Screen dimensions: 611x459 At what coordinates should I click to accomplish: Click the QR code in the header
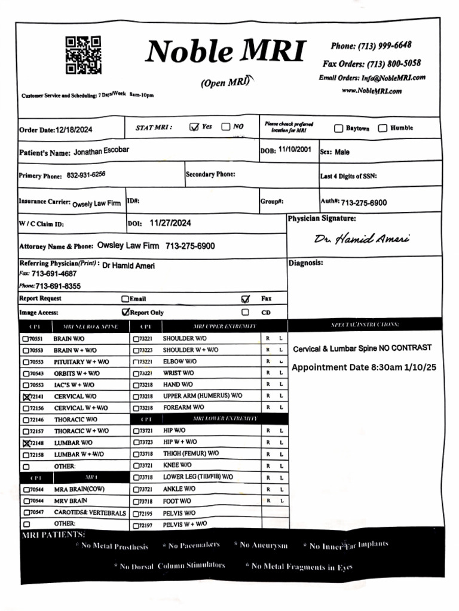pos(83,55)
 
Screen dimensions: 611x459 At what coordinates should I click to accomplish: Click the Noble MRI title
pos(225,51)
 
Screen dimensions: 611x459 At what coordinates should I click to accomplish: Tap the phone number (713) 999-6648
pos(371,46)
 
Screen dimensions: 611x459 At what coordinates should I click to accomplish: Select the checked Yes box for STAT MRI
pos(194,127)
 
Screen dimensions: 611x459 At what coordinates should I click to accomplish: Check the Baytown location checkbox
pos(338,128)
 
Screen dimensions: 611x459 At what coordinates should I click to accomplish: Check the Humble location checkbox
pos(382,128)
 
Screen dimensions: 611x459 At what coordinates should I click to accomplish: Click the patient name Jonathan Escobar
pos(101,152)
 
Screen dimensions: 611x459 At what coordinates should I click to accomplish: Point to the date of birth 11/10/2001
pos(294,150)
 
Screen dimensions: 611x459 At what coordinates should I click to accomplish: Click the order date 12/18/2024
pos(74,129)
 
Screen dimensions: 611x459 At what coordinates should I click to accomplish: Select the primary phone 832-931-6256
pos(86,175)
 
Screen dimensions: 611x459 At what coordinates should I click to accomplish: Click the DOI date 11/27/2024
pos(170,223)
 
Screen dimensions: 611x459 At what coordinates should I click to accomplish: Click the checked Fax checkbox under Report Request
pos(245,299)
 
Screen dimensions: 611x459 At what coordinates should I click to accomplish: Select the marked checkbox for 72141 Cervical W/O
pos(26,397)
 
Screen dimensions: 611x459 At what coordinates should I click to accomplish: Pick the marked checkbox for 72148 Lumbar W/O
pos(26,443)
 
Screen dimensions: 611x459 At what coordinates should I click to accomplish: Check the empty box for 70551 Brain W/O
pos(26,339)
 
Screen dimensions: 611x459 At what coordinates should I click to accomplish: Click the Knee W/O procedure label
pos(177,465)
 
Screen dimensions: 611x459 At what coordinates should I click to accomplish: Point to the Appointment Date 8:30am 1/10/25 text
pos(363,368)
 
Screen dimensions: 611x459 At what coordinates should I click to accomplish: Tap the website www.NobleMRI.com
pos(371,91)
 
